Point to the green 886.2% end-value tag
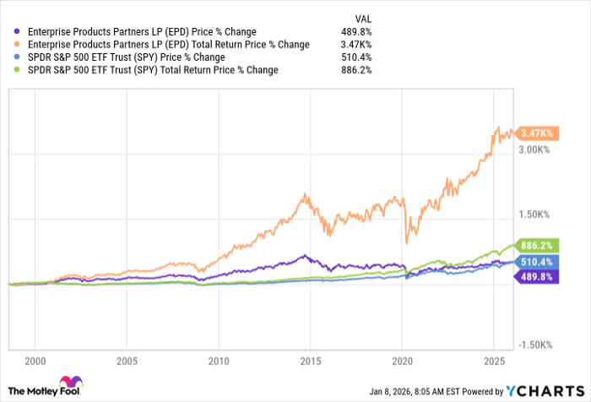coord(538,246)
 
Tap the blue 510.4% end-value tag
coord(538,263)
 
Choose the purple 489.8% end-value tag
coord(538,276)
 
